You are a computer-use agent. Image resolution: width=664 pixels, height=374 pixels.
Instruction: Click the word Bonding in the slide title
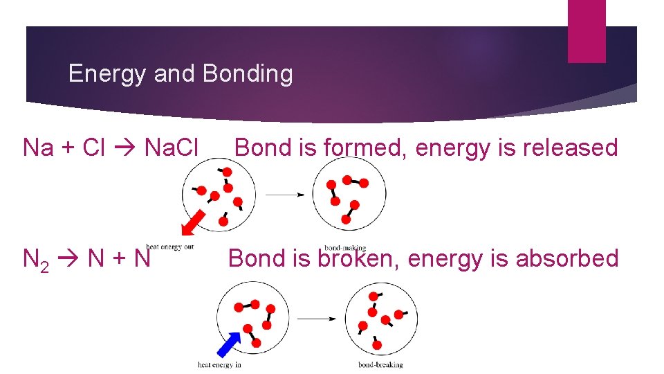coord(248,73)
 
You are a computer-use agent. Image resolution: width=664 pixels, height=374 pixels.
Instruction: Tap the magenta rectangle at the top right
coord(586,31)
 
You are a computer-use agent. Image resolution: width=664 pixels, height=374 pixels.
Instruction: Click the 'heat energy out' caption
coord(169,247)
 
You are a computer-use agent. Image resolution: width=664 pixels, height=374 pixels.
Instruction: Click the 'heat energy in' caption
coord(219,365)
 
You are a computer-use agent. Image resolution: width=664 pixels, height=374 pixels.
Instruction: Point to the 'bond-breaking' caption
coord(380,365)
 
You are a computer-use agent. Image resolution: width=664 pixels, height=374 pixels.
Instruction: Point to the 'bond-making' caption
coord(344,247)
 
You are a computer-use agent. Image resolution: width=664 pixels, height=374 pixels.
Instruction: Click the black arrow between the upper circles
coord(285,195)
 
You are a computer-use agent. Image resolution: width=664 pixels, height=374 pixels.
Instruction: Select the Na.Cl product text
coord(171,148)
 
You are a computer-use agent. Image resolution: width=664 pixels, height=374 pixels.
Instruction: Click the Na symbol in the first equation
coord(39,148)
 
